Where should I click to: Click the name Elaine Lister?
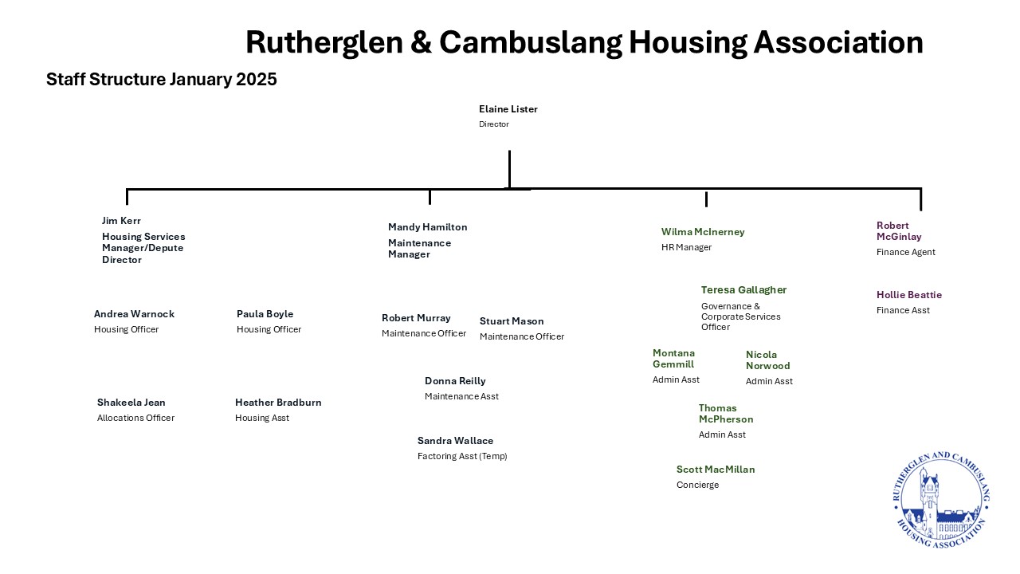coord(508,109)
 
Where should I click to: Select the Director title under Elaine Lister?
coord(493,124)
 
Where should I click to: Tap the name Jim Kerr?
coord(121,221)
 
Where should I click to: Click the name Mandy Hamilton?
coord(428,227)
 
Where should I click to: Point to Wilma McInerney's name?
coord(703,232)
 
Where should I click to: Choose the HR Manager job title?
coord(686,247)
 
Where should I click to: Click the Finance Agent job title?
coord(906,252)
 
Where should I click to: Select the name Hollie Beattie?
coord(909,295)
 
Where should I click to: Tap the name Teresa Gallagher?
coord(743,290)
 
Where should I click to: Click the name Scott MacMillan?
coord(716,470)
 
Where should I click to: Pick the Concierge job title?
coord(697,486)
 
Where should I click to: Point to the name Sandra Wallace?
coord(455,441)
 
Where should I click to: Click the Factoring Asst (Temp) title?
coord(462,457)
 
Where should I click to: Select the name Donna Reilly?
coord(455,381)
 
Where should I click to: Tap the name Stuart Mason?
coord(512,321)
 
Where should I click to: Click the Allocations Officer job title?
coord(135,419)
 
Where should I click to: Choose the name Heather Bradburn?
coord(278,403)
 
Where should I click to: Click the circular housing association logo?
coord(941,500)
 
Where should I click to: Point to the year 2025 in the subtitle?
coord(257,80)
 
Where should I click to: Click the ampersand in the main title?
coord(421,42)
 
